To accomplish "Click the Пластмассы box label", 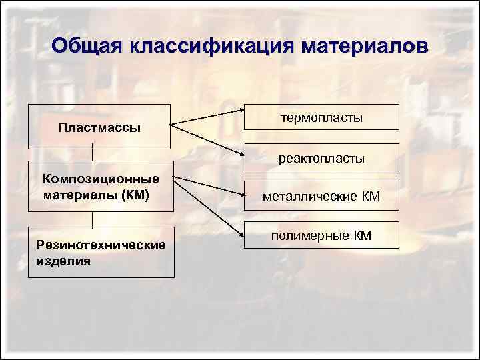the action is tap(99, 127).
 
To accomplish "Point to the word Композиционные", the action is tap(101, 178).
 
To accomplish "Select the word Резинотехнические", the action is tap(101, 245).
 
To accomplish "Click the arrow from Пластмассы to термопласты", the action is tap(207, 116).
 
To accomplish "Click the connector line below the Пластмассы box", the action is tap(92, 151).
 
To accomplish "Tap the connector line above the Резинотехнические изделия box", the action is tap(92, 220).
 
